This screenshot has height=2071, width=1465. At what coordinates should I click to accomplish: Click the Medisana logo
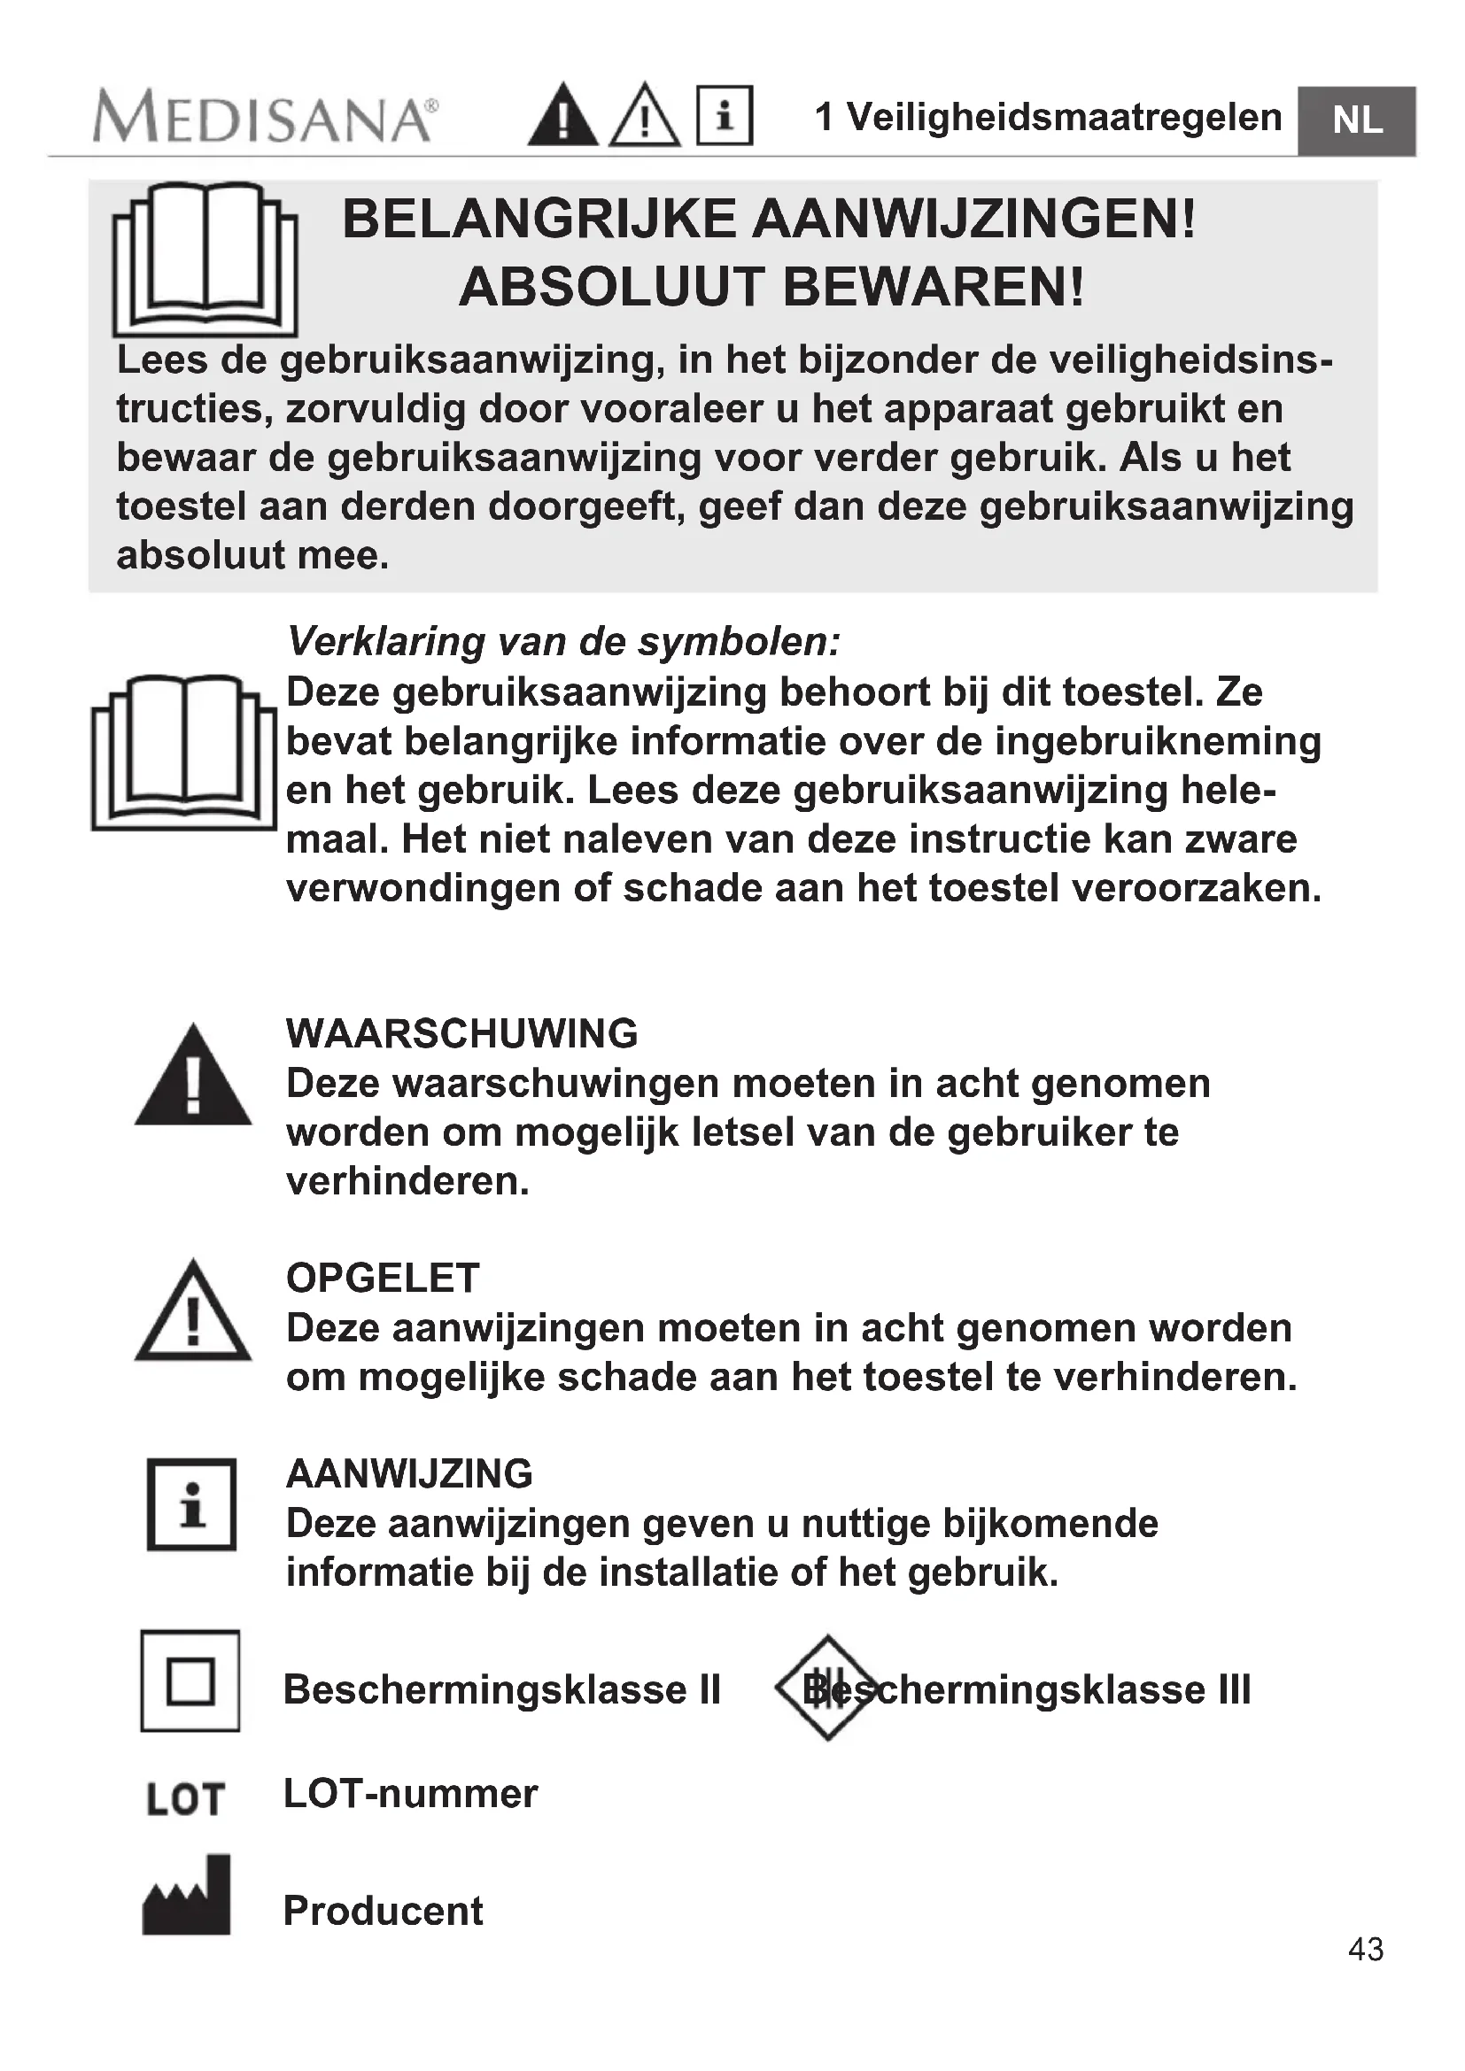(x=264, y=118)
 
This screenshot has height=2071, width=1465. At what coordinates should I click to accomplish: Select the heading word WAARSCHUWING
(x=461, y=1033)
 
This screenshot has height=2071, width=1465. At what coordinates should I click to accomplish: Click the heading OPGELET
(x=383, y=1279)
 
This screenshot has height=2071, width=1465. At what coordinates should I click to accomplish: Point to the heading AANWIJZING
(x=408, y=1474)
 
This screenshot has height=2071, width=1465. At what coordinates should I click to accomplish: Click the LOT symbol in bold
(x=185, y=1799)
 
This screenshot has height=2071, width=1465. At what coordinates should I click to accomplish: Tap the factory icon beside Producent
(x=187, y=1895)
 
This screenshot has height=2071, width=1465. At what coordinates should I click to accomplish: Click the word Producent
(x=383, y=1912)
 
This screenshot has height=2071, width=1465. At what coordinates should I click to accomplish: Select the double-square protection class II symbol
(x=190, y=1681)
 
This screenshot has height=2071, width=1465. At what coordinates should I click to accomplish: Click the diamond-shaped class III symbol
(x=826, y=1688)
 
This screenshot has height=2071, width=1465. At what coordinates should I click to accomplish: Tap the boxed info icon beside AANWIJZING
(x=191, y=1504)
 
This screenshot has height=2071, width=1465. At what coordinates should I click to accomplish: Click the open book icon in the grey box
(x=205, y=259)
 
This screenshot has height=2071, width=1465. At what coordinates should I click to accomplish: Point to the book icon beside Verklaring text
(x=184, y=753)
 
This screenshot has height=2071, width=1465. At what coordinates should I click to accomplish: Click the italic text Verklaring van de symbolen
(x=563, y=641)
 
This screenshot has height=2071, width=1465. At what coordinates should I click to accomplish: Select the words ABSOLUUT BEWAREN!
(x=771, y=288)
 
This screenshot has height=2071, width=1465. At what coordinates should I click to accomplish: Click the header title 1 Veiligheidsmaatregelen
(x=1047, y=117)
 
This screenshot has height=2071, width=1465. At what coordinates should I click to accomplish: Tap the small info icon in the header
(x=725, y=115)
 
